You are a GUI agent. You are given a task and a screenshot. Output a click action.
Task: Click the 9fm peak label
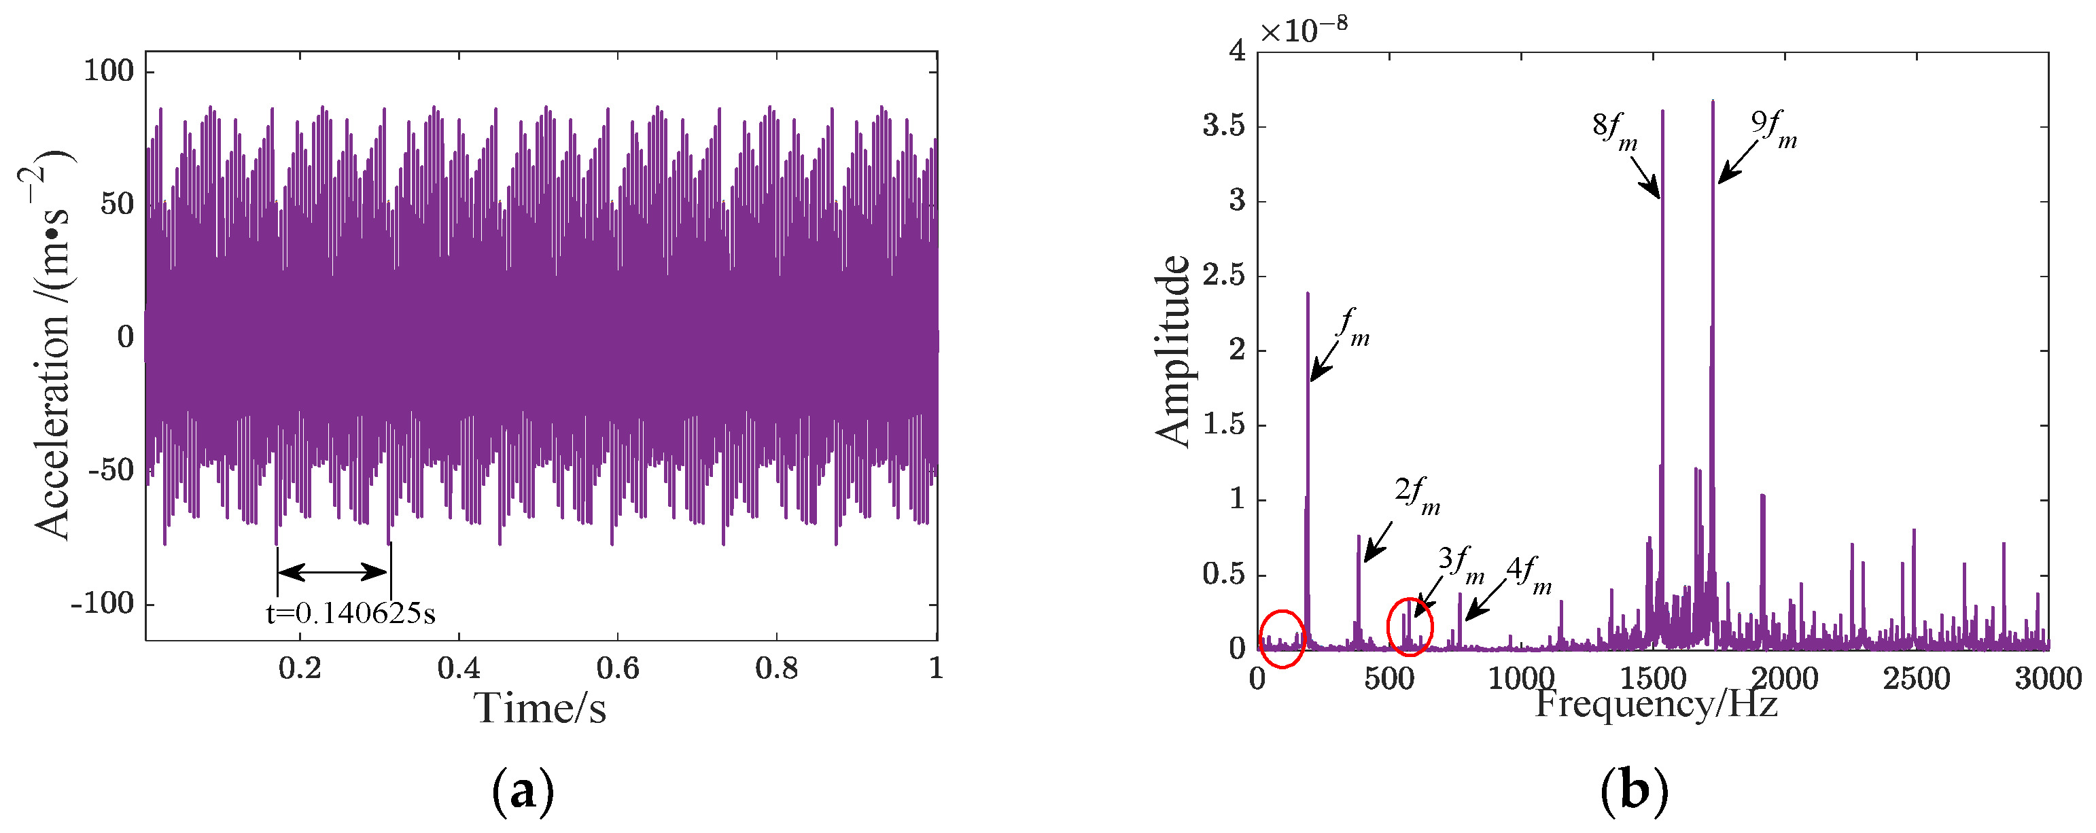[1774, 129]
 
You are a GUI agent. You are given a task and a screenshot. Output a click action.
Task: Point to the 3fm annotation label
[1461, 564]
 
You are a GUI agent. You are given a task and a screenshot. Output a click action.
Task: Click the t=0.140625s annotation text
[351, 614]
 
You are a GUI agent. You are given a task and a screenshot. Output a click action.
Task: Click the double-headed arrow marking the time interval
[334, 572]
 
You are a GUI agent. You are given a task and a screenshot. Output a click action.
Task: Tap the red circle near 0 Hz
[1282, 638]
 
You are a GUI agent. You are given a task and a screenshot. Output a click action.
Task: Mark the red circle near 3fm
[1410, 626]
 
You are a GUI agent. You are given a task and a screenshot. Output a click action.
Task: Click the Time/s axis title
[540, 708]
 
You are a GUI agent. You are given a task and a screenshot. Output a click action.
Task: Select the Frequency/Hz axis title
[1655, 704]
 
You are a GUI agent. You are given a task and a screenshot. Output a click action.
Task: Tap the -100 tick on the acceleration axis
[103, 603]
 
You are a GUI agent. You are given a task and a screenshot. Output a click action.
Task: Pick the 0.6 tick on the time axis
[618, 669]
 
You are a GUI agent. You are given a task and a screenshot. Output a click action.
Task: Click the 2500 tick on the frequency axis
[1915, 677]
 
